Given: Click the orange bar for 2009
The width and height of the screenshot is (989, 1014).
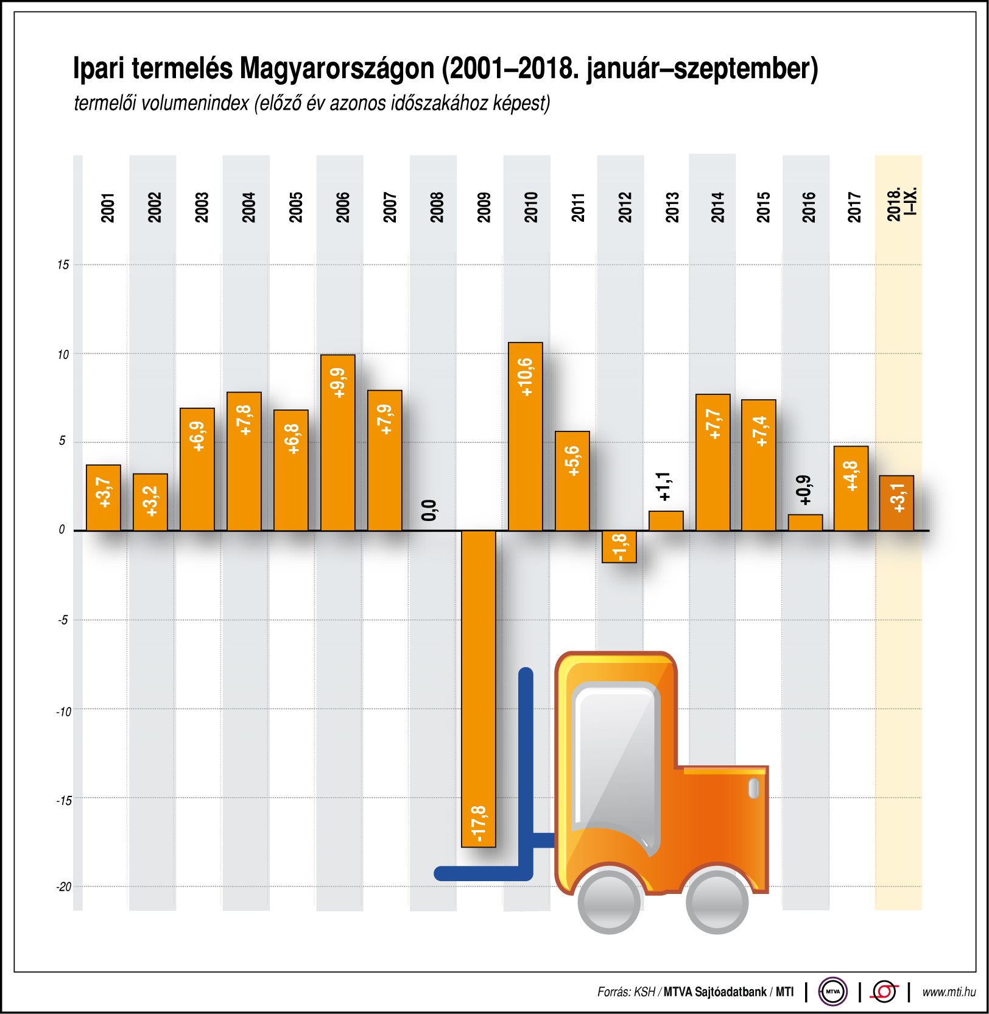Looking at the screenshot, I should [479, 689].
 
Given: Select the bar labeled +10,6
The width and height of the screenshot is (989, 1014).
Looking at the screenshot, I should [525, 436].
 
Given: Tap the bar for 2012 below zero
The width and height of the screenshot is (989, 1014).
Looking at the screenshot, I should [619, 547].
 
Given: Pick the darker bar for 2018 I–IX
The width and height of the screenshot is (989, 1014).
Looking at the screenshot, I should [896, 503].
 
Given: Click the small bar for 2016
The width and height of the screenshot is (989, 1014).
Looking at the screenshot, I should [805, 523].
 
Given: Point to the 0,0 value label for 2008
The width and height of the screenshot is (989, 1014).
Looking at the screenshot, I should [429, 510].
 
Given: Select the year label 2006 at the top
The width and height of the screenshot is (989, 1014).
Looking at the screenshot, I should [343, 207].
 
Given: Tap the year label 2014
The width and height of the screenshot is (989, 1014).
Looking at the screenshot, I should [717, 207].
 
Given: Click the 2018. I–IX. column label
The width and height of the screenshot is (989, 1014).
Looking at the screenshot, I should [901, 205].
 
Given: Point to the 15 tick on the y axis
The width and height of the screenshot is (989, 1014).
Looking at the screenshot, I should [63, 264].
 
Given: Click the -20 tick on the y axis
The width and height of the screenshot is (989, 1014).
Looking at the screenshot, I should [64, 887].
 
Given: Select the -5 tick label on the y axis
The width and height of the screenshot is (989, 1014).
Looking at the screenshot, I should [63, 620].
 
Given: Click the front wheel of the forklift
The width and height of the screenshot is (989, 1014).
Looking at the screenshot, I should [610, 902].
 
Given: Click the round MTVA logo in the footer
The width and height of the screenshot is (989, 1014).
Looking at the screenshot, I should [832, 991].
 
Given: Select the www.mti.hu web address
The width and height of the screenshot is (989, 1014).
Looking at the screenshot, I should [949, 992].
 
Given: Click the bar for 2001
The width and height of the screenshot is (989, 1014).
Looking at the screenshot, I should [104, 498].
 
